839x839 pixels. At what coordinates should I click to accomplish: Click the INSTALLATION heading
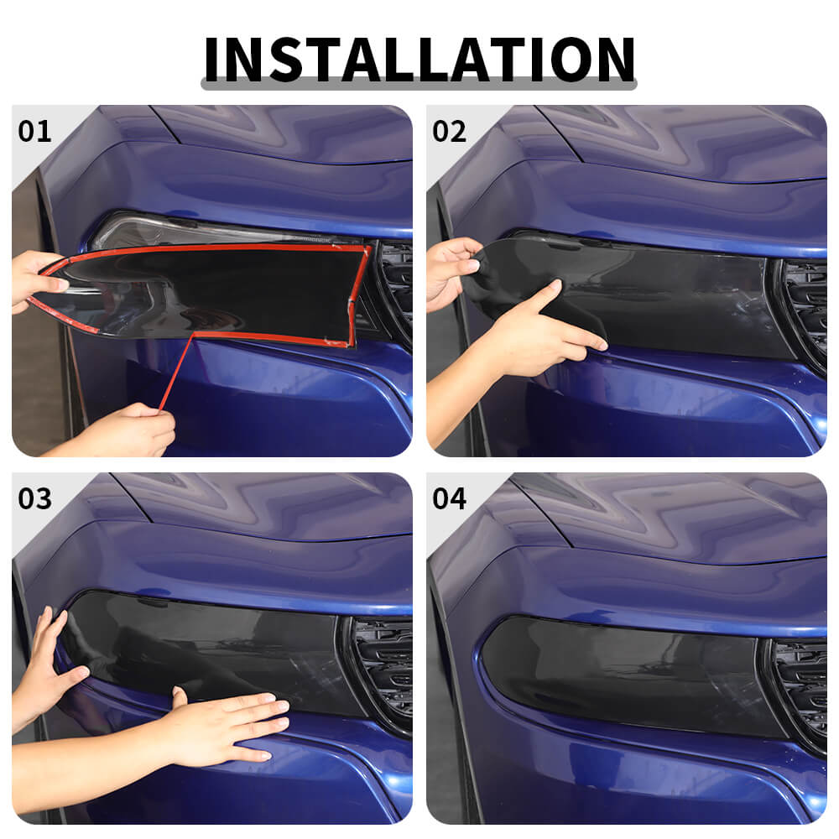point(419,59)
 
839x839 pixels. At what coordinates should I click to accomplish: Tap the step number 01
point(34,132)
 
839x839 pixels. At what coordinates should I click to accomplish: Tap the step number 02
point(450,132)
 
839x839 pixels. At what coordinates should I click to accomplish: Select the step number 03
point(34,498)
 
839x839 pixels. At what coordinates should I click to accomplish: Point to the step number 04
point(450,498)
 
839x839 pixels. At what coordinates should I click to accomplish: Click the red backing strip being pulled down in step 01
point(176,372)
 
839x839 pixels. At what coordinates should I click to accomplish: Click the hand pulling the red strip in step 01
point(126,430)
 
